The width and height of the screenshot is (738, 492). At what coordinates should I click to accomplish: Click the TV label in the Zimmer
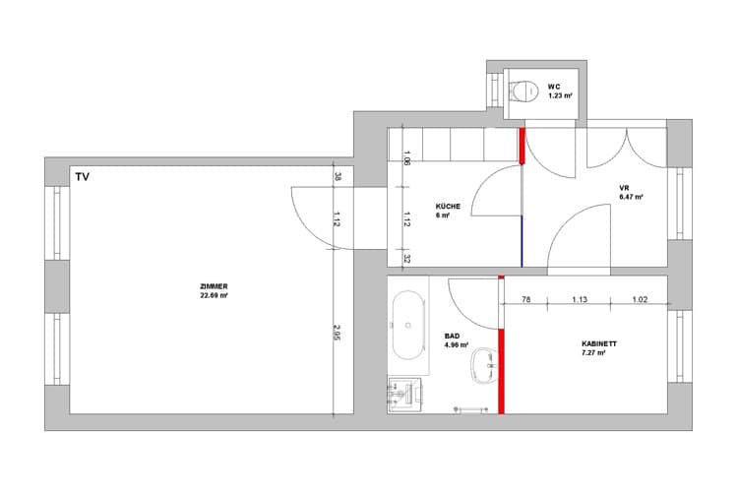pyautogui.click(x=82, y=177)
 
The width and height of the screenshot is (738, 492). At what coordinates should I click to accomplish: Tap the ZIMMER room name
pyautogui.click(x=214, y=286)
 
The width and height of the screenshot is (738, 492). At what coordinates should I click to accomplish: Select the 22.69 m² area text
pyautogui.click(x=214, y=295)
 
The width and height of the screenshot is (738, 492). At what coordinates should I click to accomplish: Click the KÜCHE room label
pyautogui.click(x=448, y=207)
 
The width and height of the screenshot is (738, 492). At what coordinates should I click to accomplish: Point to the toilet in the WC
pyautogui.click(x=523, y=91)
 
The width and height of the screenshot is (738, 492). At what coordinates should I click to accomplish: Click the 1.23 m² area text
pyautogui.click(x=560, y=95)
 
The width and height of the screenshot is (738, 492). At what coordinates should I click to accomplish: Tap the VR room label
pyautogui.click(x=624, y=188)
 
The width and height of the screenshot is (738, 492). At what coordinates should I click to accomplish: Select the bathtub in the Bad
pyautogui.click(x=408, y=325)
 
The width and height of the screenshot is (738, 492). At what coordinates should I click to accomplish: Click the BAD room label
pyautogui.click(x=452, y=337)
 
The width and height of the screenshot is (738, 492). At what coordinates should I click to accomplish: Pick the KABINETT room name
pyautogui.click(x=599, y=343)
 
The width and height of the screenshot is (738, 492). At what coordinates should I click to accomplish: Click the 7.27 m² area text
pyautogui.click(x=593, y=352)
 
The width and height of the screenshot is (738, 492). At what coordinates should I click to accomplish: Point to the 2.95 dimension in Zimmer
pyautogui.click(x=337, y=333)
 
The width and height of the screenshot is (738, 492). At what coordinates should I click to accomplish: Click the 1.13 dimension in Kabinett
pyautogui.click(x=580, y=299)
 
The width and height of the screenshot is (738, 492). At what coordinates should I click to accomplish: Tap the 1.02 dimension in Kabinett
pyautogui.click(x=640, y=299)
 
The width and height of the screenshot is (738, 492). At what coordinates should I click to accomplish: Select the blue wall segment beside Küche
pyautogui.click(x=522, y=241)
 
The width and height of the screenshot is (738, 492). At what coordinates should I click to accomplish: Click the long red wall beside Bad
pyautogui.click(x=501, y=372)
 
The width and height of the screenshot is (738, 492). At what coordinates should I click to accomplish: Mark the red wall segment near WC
pyautogui.click(x=522, y=146)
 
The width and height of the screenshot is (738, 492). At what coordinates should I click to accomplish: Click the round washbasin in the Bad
pyautogui.click(x=484, y=365)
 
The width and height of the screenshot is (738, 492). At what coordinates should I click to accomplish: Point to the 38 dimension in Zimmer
pyautogui.click(x=337, y=176)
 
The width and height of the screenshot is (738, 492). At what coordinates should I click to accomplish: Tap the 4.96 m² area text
pyautogui.click(x=456, y=345)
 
